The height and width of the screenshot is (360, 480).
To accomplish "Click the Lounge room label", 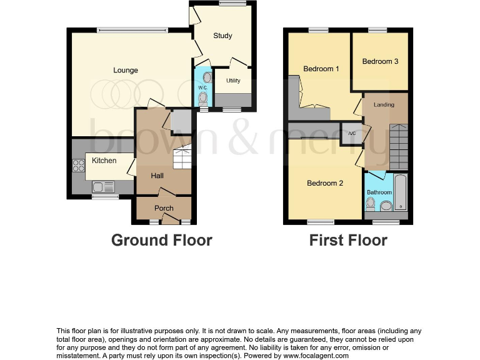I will point(126,70).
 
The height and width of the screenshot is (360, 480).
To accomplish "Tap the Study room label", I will point(222,36).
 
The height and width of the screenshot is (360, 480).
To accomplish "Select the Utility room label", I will point(233,81).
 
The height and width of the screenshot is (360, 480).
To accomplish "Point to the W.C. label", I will point(202,87).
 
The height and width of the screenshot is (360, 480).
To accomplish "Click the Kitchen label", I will point(104,161).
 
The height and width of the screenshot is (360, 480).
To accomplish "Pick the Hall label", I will point(157,176).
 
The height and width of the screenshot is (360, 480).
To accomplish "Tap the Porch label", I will point(164,208).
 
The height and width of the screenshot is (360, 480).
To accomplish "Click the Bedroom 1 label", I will point(321,69).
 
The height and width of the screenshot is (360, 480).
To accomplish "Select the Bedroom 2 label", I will point(325,183).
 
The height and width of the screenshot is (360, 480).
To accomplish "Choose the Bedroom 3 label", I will point(380,61).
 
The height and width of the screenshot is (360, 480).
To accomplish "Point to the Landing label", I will point(384,104).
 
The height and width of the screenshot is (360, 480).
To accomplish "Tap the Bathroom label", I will point(379,192).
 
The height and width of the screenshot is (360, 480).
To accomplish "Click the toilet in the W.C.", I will point(202,97).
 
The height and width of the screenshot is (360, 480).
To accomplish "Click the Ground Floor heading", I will point(161,240).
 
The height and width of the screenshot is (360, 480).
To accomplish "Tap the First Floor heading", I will point(348,240).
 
